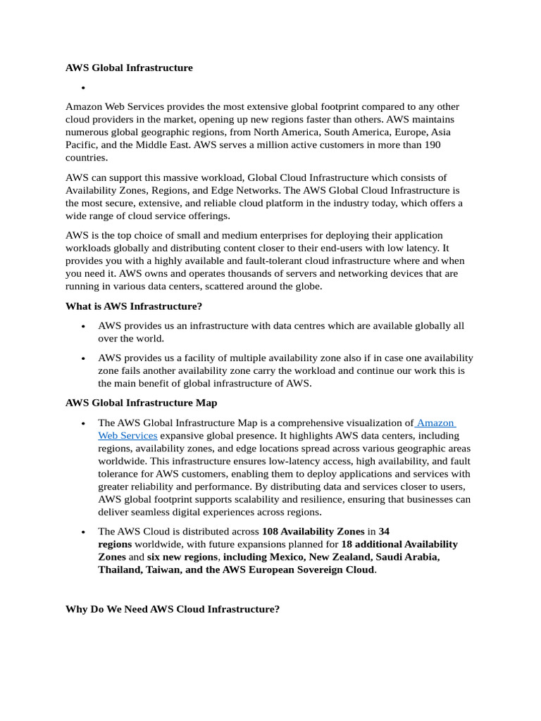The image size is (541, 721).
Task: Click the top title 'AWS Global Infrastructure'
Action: coord(129,68)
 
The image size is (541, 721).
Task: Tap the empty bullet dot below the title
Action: coord(83,88)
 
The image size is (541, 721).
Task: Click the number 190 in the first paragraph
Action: coord(431,145)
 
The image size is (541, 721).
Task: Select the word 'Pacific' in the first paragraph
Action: coord(82,145)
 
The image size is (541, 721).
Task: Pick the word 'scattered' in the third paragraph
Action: coord(235,286)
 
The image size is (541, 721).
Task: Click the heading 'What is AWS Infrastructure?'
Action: coord(133,306)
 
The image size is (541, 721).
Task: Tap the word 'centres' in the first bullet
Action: coord(317,326)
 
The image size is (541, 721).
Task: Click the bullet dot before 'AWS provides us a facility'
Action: coord(83,358)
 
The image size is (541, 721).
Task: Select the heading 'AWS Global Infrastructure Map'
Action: coord(141,403)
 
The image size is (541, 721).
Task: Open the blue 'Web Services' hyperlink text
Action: coord(128,436)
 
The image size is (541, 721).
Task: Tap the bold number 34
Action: coord(384,532)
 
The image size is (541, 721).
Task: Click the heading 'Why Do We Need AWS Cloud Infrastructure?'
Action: coord(173,609)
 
